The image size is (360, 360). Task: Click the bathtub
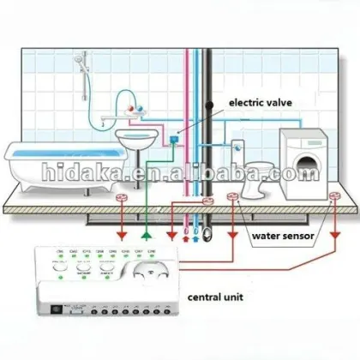pyautogui.click(x=51, y=163)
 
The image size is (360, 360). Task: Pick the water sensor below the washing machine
pyautogui.click(x=334, y=201)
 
